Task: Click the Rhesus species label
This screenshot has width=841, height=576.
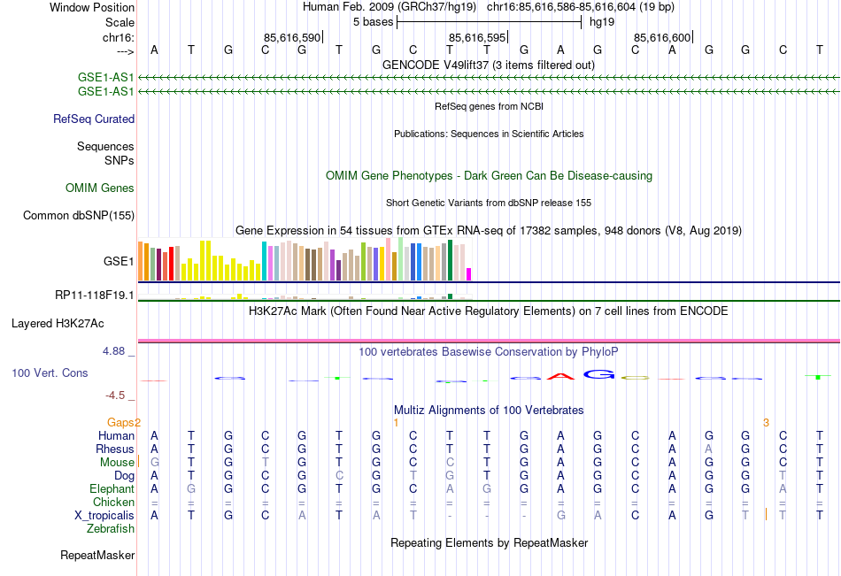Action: point(115,449)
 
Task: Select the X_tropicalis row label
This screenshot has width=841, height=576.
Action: point(104,515)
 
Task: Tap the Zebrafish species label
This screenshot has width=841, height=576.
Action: point(111,528)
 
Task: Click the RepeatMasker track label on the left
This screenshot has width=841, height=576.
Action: point(97,556)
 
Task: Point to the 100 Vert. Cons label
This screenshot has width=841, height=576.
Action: point(50,373)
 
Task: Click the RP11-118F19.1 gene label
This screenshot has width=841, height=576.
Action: point(95,295)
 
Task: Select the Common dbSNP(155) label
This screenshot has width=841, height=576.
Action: point(79,215)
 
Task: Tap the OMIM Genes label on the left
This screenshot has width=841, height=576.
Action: point(100,188)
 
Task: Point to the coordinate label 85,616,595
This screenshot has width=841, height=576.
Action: point(477,37)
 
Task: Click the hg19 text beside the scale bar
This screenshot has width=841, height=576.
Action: point(601,21)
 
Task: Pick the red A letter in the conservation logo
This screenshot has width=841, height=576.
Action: point(559,376)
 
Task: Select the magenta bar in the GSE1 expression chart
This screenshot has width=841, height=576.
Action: point(468,273)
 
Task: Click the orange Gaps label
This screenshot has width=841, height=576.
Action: point(124,422)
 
